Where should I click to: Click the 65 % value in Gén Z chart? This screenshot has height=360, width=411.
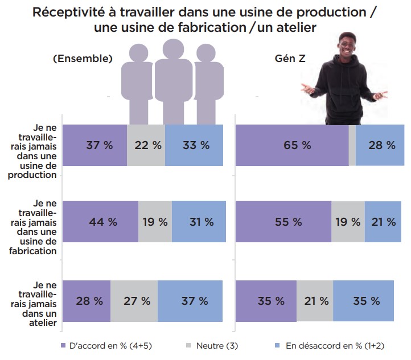297,145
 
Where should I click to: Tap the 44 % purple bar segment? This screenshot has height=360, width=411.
103,222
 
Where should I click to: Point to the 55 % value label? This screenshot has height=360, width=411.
289,222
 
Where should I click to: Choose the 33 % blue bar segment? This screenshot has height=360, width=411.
196,145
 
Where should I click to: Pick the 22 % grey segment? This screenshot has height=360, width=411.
146,145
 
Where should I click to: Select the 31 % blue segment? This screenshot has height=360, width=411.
200,222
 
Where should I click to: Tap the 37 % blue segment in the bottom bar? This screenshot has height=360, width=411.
191,301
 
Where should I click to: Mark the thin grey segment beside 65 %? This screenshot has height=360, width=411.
352,145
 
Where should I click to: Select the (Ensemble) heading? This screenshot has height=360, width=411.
82,59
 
